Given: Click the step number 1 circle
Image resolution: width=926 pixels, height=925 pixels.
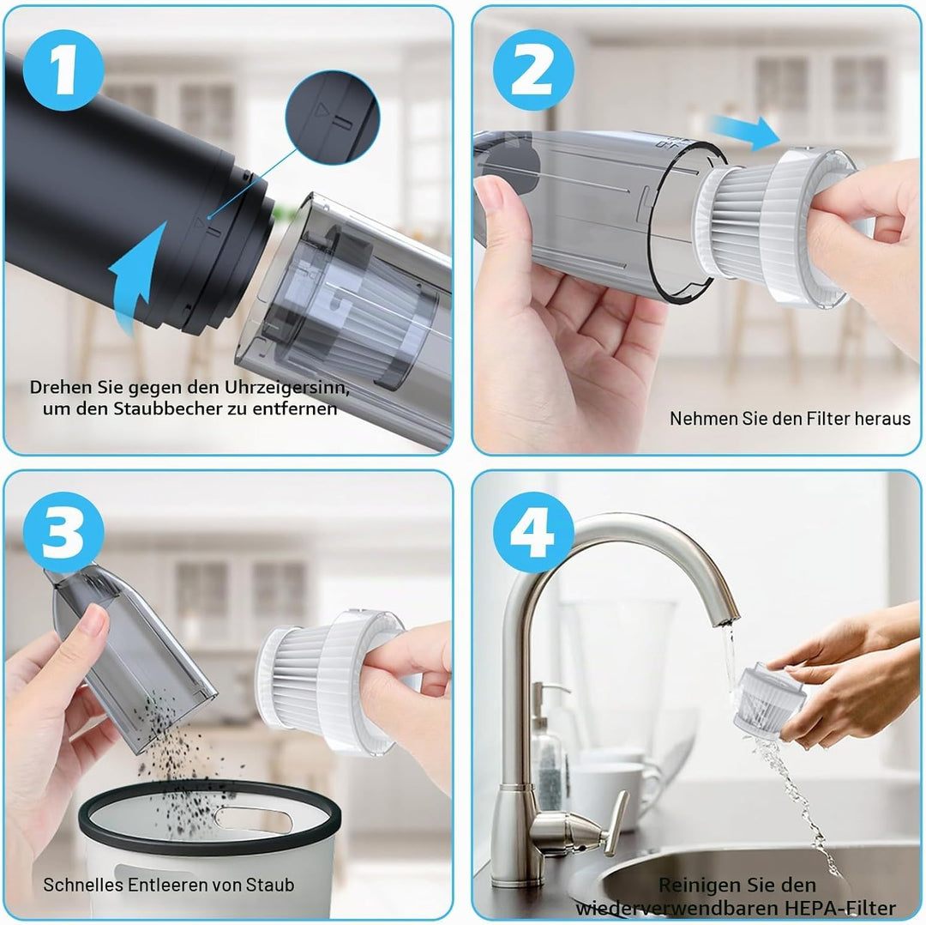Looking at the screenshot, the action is click(x=63, y=70).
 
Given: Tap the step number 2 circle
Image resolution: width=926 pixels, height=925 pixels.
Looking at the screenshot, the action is click(x=533, y=70).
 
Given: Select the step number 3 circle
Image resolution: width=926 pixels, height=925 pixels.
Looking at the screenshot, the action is click(x=63, y=533).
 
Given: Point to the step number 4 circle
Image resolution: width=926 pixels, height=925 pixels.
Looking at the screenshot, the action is click(x=533, y=533).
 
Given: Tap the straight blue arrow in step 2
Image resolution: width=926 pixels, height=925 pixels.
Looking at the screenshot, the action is click(x=745, y=132).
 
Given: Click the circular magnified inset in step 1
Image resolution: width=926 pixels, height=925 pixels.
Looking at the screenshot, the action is click(x=333, y=118).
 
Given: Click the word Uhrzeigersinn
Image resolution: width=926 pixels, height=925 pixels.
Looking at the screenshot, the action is click(x=286, y=388).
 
